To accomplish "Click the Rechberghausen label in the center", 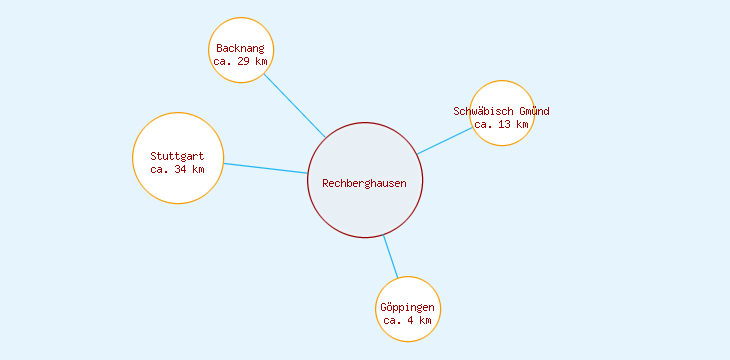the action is pos(364,182).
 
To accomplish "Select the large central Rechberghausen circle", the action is pos(365,210).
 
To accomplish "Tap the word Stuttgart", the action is pos(177,156).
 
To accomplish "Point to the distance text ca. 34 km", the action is pos(177,169).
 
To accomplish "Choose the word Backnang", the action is pos(241,48).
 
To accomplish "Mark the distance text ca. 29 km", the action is pos(241,61).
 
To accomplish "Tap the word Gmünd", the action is pos(534,111).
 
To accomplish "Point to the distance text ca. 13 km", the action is pos(501,124).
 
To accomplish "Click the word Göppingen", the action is pos(408,307).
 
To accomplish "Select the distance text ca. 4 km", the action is pos(408,320).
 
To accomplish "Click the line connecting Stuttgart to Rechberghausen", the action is pos(265,168).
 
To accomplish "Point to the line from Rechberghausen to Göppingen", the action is pos(391,257).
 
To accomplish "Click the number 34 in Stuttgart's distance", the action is pos(181,169).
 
